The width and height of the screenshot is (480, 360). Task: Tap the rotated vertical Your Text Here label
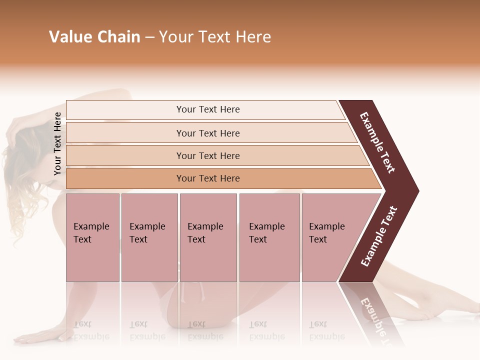pos(57,143)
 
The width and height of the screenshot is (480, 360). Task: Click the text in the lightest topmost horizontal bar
pos(208,109)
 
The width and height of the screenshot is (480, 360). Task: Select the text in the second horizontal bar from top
pos(208,133)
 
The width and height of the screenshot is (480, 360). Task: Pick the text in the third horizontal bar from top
pos(208,156)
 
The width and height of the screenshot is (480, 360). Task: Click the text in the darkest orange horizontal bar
pos(208,178)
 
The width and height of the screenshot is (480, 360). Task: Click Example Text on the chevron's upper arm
pos(377,142)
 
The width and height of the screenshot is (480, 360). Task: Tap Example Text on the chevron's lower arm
pos(379,236)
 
